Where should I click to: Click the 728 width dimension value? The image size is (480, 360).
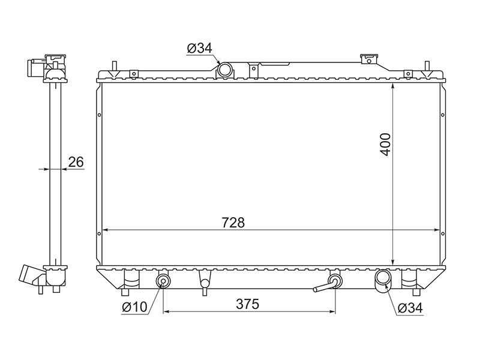[x=233, y=223]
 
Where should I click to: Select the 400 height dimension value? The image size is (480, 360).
[x=386, y=144]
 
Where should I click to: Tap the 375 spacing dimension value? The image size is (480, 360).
[x=248, y=304]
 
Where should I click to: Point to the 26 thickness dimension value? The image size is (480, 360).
[x=76, y=162]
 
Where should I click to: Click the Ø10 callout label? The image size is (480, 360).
[x=134, y=307]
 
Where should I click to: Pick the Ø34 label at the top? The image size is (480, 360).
[x=200, y=49]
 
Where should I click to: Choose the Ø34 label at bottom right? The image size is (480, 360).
[x=410, y=308]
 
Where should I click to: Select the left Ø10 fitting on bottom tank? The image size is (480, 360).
[x=163, y=281]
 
